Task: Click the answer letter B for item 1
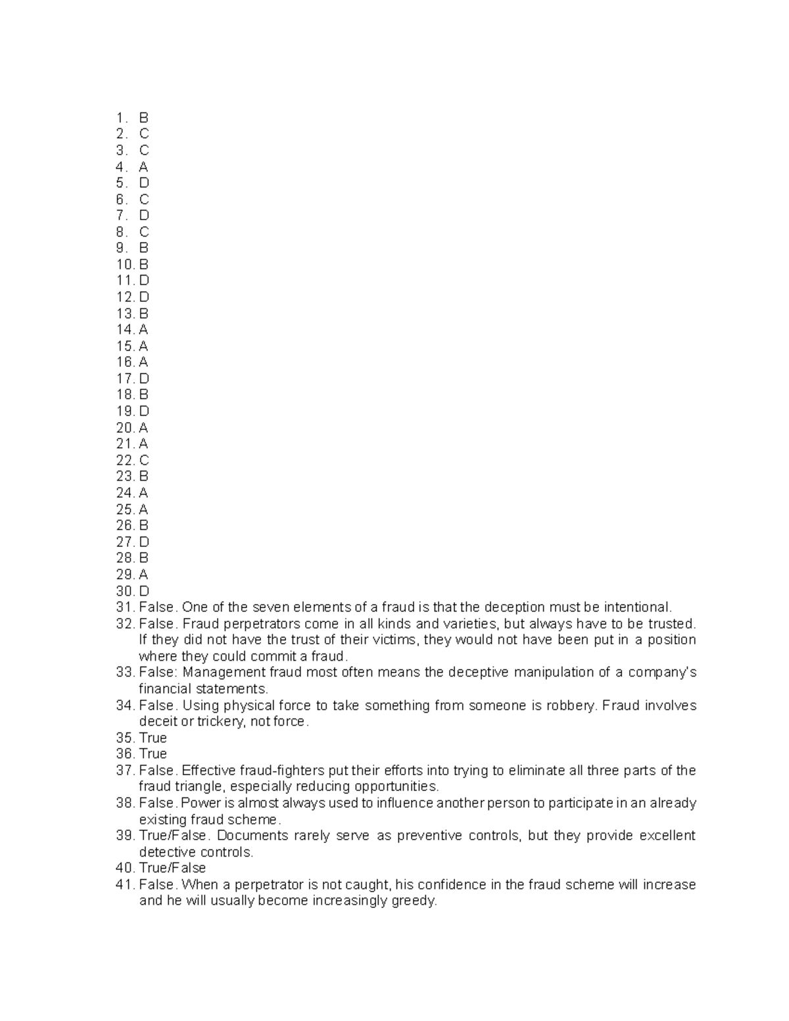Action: coord(143,118)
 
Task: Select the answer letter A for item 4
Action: coord(143,167)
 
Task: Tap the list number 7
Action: coord(120,216)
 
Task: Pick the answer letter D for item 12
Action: coord(144,297)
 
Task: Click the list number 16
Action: coord(125,362)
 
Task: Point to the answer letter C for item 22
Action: coord(144,460)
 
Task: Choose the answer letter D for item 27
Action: coord(144,542)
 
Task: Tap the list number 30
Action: coord(125,591)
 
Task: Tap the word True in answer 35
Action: coord(153,738)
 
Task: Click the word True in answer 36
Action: coord(153,754)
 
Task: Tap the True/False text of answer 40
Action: coord(172,868)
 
